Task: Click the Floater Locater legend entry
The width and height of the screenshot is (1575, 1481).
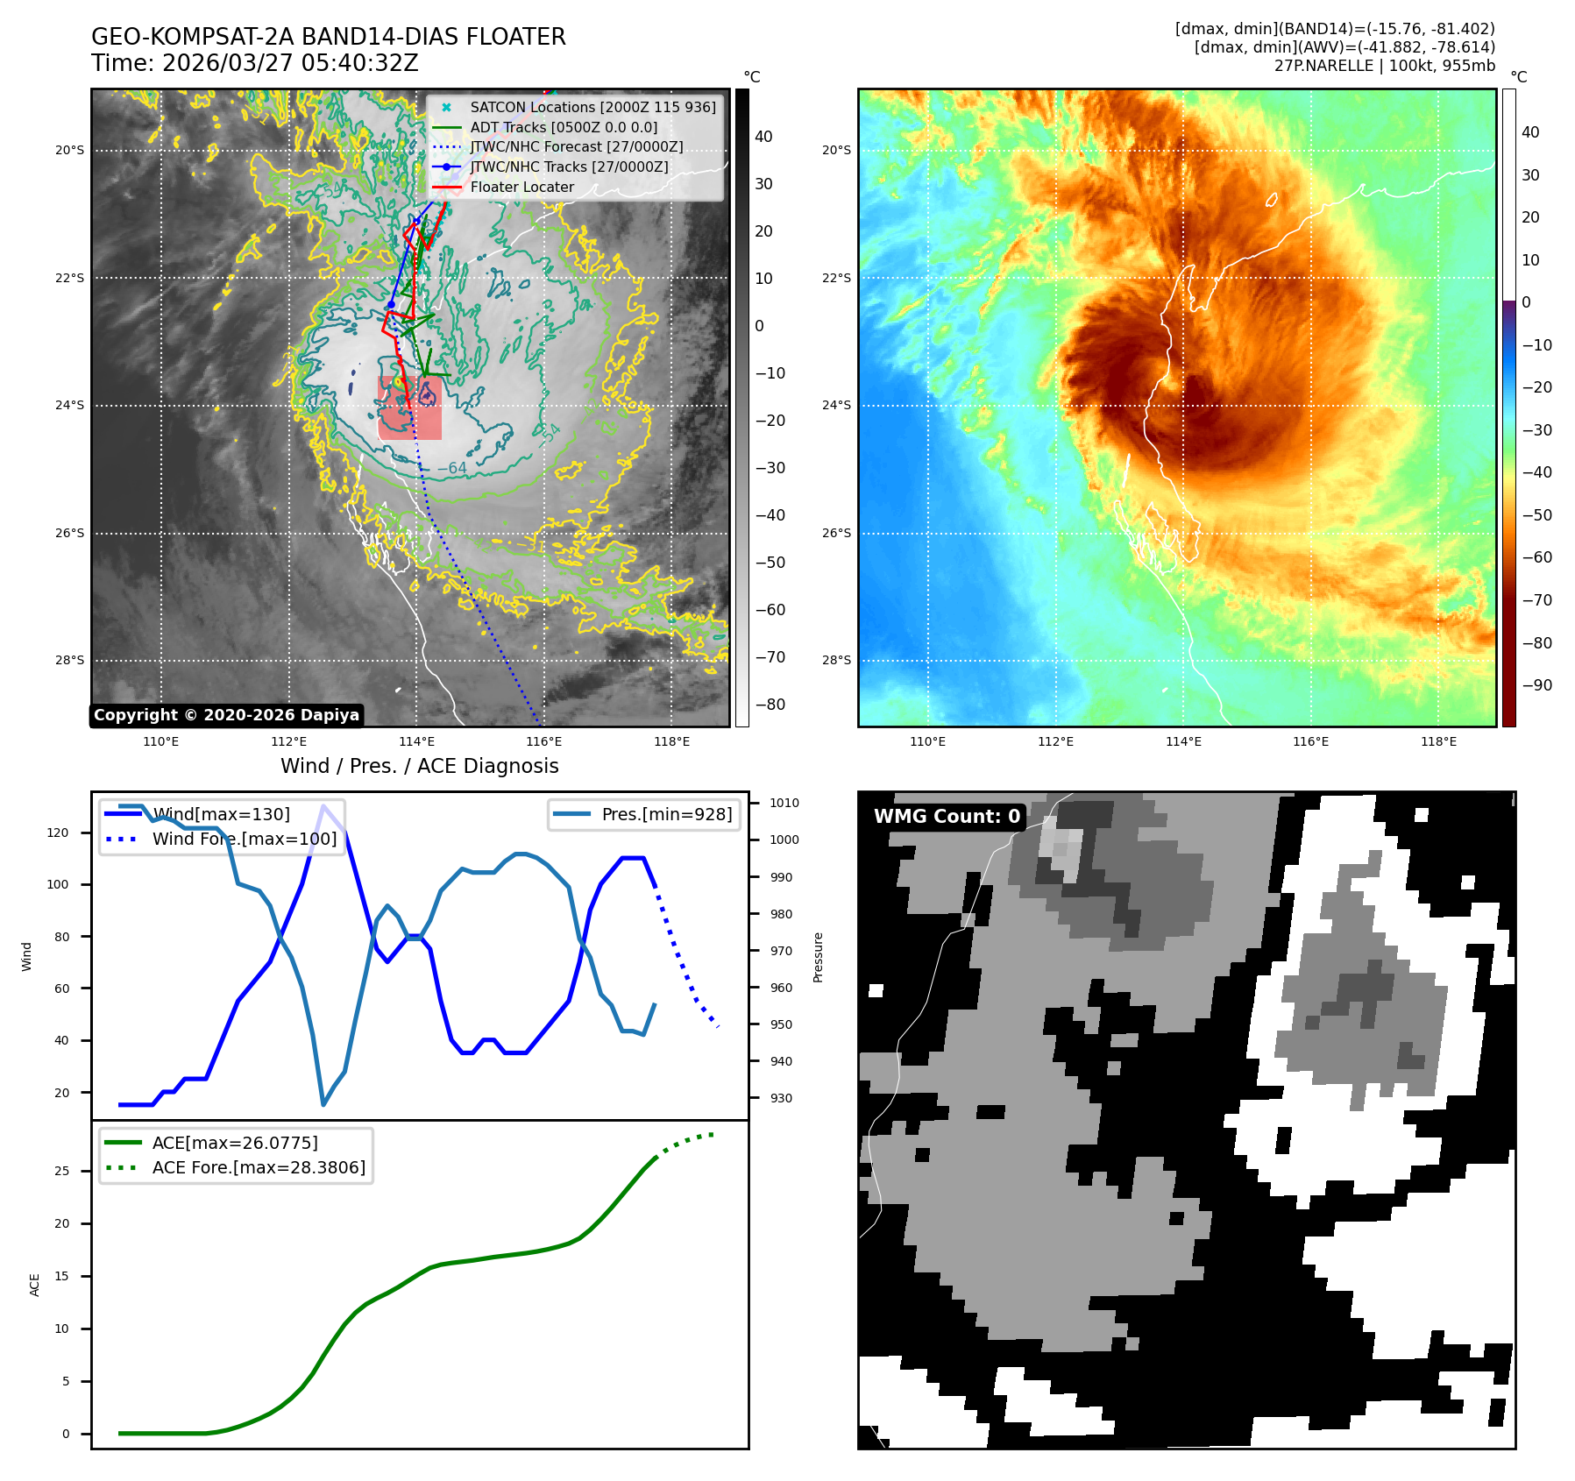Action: pos(521,187)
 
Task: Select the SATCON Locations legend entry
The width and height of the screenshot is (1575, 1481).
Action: pos(592,107)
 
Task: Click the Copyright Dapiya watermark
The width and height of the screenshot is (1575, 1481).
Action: pos(226,715)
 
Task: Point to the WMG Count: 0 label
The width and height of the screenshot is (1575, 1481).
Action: pos(947,817)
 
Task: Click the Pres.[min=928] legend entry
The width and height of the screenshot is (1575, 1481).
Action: pos(666,814)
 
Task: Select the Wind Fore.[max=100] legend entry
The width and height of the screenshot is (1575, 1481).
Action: pos(244,839)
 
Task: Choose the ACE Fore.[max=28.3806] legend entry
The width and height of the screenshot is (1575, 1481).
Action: pos(259,1167)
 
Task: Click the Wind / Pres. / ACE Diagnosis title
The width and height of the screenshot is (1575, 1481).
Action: pos(419,766)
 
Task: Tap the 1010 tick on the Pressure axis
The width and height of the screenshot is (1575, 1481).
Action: pos(784,803)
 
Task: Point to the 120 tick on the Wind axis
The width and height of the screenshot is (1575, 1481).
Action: pos(58,833)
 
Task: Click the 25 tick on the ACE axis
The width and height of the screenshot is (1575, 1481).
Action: pos(61,1171)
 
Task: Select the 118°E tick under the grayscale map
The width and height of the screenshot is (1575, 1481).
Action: pos(671,741)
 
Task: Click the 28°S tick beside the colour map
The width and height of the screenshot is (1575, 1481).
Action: pos(836,660)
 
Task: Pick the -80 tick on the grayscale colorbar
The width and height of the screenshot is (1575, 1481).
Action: pos(770,705)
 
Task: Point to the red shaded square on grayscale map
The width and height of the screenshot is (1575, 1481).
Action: pos(409,407)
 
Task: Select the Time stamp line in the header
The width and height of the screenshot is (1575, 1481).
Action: pos(254,63)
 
